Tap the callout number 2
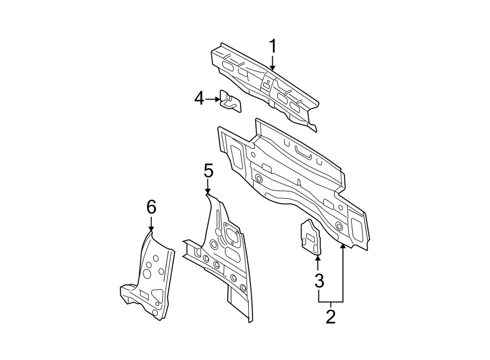(330, 316)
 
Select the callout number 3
(319, 281)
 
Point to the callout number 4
(199, 99)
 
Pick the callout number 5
(208, 171)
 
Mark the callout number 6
(151, 207)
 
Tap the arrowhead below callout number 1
(273, 67)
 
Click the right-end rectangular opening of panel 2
(357, 229)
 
